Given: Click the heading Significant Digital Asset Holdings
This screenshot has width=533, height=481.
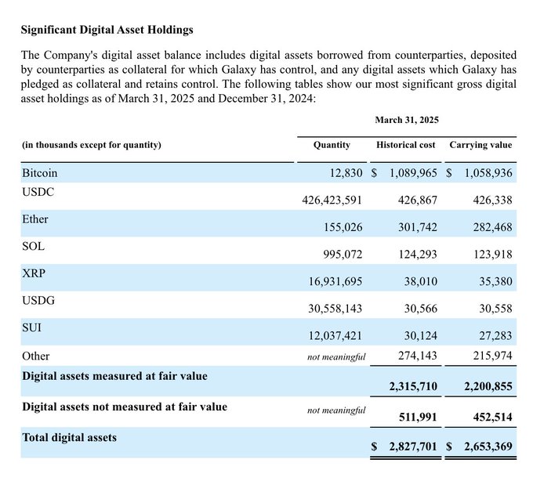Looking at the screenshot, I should pos(107,31).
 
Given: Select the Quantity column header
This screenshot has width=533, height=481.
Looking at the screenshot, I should pos(332,145).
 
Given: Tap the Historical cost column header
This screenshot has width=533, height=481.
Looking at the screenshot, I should pos(406,145).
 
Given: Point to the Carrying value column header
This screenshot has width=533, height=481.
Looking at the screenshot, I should pos(480,145).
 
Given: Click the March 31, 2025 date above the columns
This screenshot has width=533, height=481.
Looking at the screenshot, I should pos(406,120).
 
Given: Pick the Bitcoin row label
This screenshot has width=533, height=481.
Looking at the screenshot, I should pos(39,172).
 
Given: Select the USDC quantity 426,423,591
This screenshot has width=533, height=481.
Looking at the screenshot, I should pos(332,201).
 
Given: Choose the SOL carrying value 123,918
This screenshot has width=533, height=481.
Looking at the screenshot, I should pos(491,255).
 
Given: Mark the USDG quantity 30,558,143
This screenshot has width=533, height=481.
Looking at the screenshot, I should pos(335,309).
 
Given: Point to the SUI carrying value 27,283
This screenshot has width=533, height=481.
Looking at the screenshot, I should pos(495,336).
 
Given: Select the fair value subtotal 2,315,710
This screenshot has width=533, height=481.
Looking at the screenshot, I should pos(413,387).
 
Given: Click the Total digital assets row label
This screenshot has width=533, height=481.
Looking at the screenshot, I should pos(69,437).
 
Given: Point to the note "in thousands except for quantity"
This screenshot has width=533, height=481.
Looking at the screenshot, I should pos(91,145).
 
